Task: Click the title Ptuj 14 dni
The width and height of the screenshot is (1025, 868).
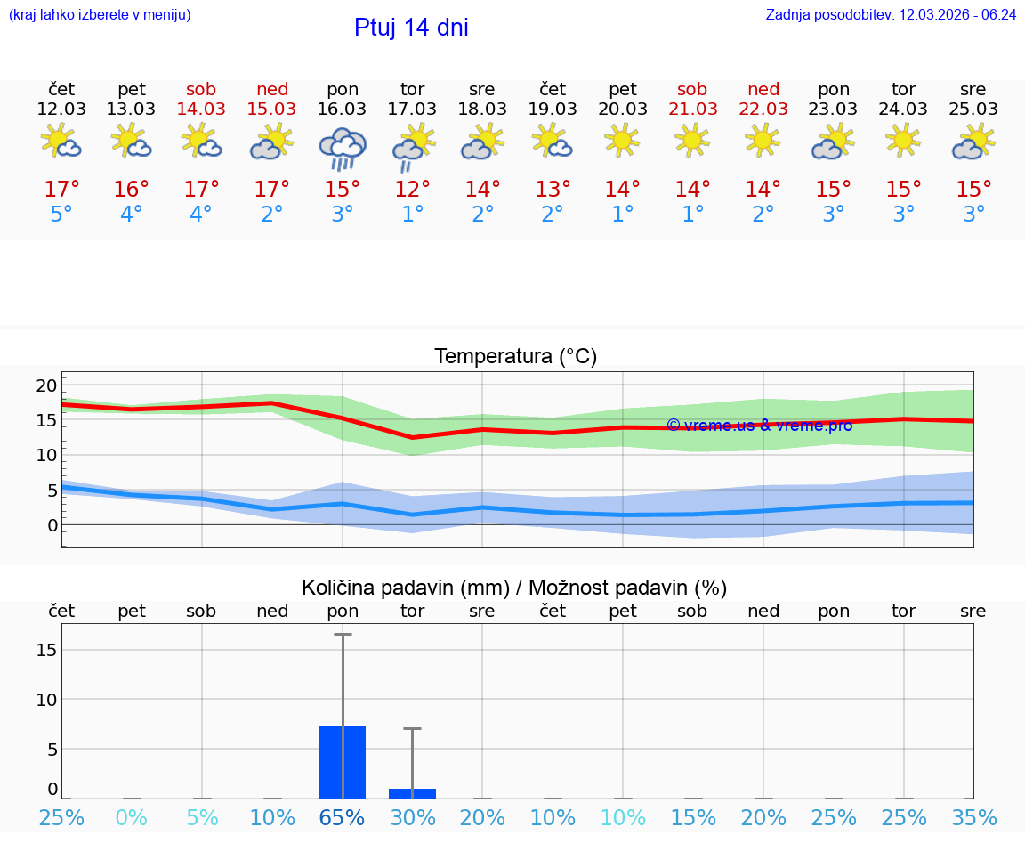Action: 411,28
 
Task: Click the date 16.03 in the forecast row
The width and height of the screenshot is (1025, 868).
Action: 342,110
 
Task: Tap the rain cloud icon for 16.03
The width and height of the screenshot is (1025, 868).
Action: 342,148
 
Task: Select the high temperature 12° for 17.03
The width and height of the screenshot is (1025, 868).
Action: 412,190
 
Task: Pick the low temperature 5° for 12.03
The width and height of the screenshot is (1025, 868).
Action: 61,215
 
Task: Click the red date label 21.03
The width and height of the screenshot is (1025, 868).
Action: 692,110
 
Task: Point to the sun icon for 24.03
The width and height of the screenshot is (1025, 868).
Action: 903,140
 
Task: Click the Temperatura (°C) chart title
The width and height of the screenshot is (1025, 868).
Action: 515,357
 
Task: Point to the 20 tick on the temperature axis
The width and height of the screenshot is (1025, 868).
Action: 46,385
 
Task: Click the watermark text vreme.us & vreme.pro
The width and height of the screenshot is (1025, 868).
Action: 760,426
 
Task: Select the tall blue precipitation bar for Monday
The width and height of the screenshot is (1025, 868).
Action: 342,762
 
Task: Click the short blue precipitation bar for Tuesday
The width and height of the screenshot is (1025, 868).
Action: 412,793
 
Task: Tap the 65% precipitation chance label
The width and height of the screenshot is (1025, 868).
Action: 342,818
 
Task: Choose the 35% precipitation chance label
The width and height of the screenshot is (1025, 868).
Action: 973,818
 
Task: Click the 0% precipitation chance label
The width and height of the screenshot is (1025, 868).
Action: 131,818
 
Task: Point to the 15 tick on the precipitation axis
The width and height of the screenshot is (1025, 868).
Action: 46,650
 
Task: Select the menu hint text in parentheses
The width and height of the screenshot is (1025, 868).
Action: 99,15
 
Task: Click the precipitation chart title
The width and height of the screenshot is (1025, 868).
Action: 514,588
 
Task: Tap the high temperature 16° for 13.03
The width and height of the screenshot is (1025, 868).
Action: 131,190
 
